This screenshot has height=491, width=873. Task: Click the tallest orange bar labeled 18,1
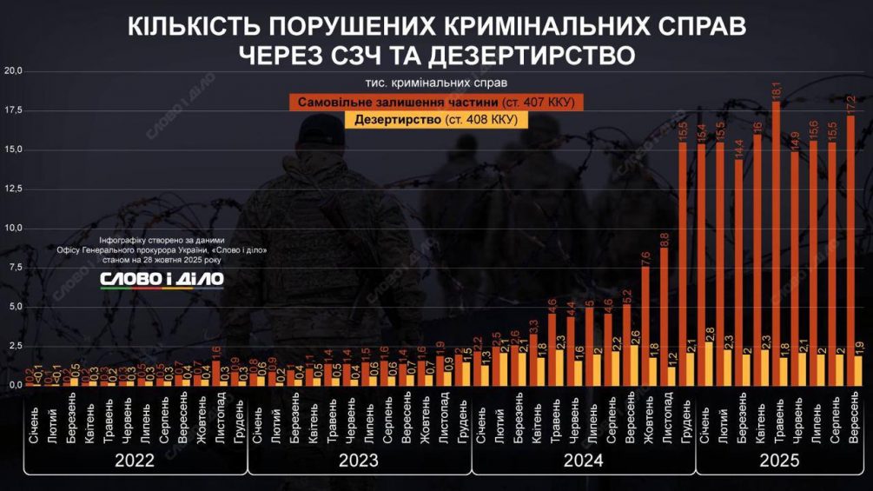pyautogui.click(x=776, y=243)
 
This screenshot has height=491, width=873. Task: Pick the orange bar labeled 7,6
pyautogui.click(x=645, y=326)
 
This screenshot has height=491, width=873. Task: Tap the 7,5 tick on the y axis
pyautogui.click(x=15, y=268)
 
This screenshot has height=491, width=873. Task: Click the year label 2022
pyautogui.click(x=135, y=461)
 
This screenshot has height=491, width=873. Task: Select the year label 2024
pyautogui.click(x=584, y=461)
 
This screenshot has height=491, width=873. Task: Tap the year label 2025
pyautogui.click(x=779, y=461)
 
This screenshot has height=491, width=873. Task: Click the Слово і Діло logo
pyautogui.click(x=162, y=279)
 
